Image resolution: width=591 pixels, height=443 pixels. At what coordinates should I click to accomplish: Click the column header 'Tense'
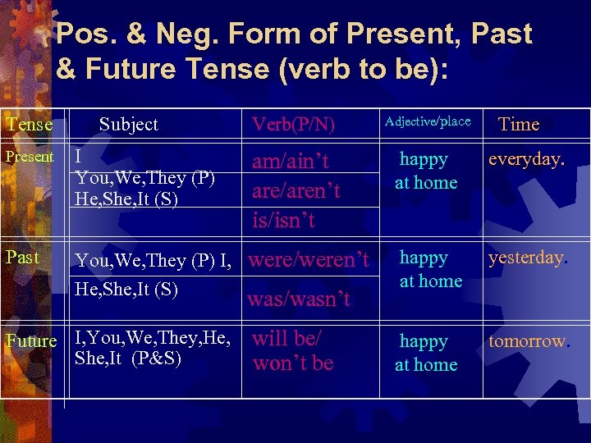29,125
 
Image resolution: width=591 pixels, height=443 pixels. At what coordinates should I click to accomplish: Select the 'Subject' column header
128,125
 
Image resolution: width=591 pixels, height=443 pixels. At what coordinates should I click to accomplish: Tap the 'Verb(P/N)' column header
293,125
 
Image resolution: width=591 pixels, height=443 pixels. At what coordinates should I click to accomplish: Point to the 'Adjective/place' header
428,122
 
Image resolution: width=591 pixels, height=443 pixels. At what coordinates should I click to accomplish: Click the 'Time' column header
519,125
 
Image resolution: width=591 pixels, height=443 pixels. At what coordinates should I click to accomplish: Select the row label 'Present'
30,157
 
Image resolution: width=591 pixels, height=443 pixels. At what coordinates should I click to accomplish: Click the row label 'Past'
22,257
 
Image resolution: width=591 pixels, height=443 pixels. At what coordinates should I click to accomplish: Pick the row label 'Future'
31,340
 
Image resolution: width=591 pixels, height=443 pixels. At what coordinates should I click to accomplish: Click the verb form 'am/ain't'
290,162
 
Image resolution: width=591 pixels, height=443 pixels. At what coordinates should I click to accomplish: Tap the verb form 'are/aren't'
295,190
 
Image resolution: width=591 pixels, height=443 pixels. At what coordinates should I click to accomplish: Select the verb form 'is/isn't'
284,219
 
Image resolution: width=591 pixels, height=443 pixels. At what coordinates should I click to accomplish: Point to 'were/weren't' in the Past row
308,261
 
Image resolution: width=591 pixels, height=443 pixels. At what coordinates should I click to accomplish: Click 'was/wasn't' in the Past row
299,299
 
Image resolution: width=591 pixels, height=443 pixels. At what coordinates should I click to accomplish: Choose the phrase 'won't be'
293,363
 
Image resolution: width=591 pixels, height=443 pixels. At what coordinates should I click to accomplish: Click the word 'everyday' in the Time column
525,159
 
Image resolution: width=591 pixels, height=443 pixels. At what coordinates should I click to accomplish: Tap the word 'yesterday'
526,258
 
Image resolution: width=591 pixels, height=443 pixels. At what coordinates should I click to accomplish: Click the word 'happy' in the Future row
424,341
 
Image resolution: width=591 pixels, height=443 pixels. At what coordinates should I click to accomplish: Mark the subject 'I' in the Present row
78,158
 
